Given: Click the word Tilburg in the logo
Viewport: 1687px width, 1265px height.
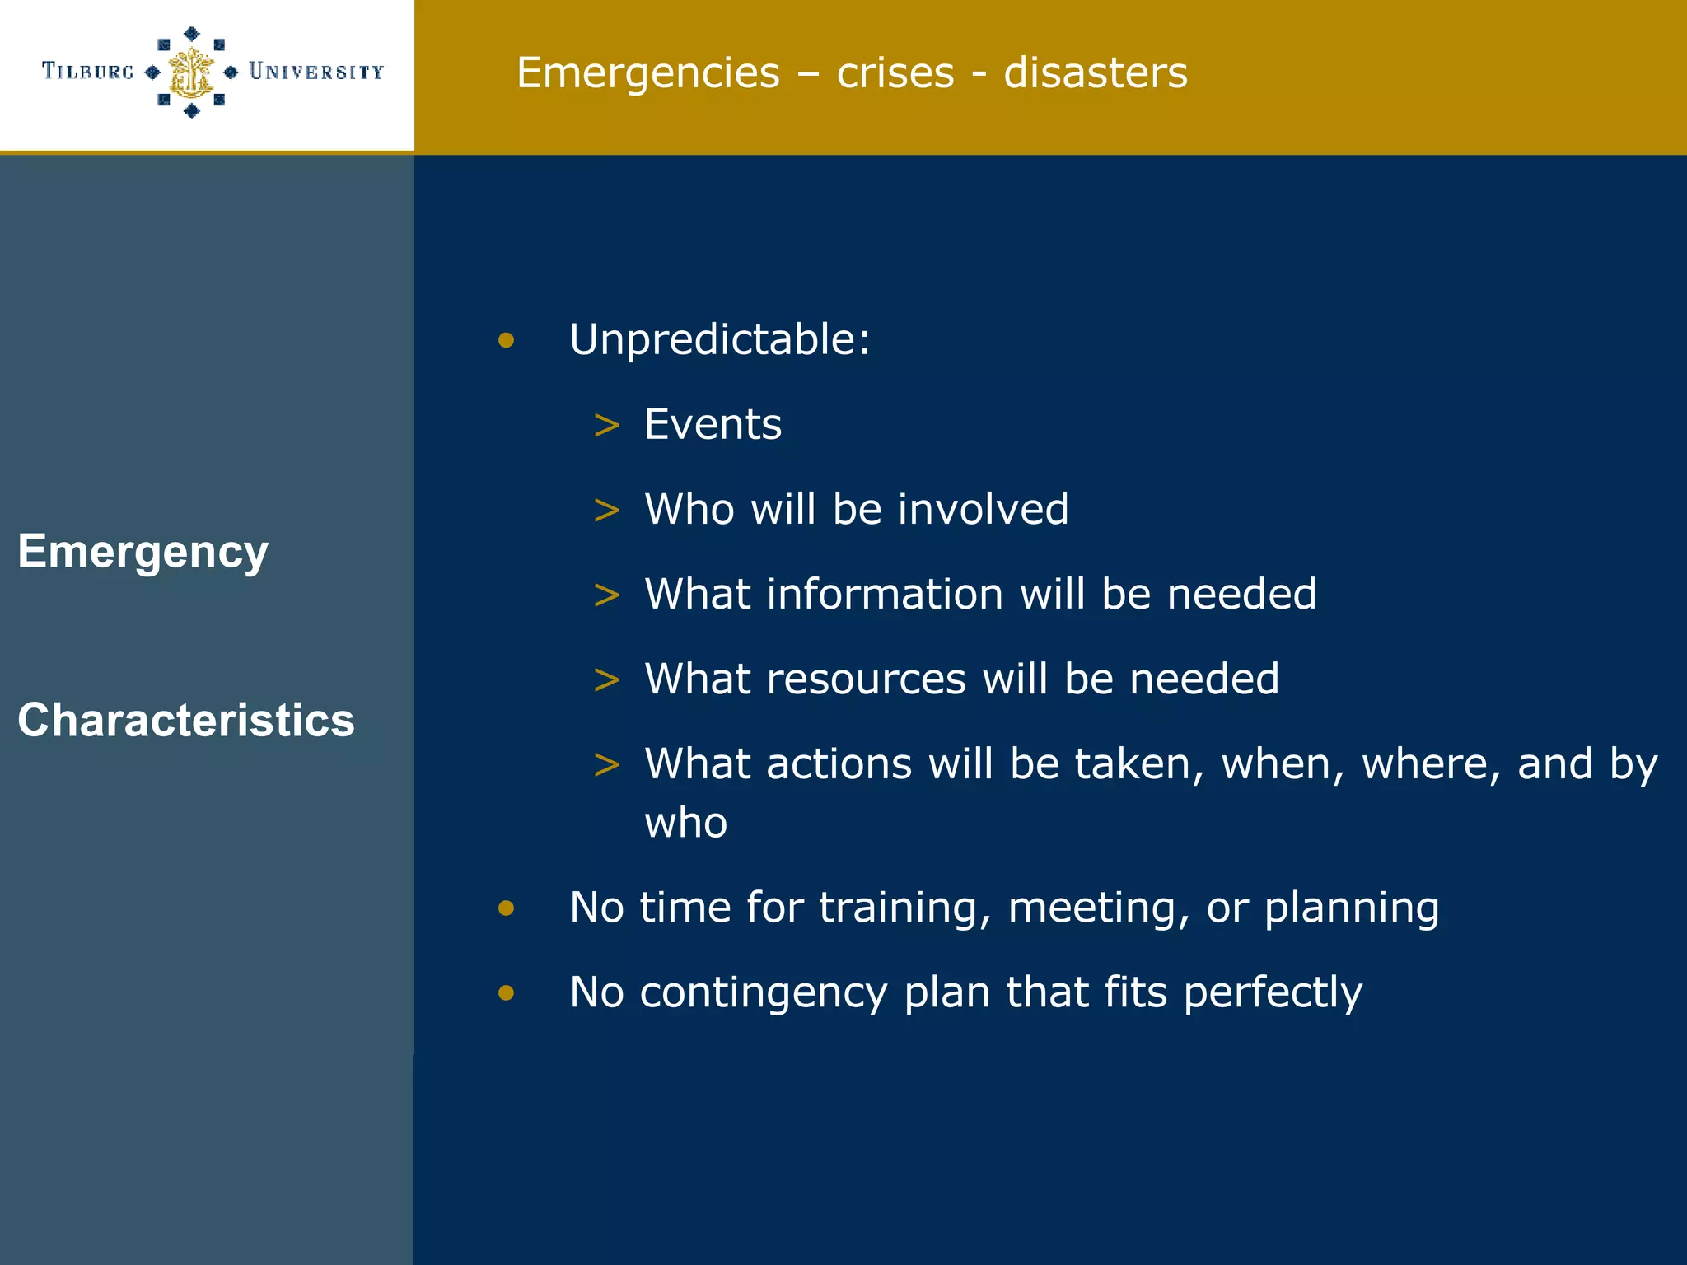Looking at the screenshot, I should click(88, 72).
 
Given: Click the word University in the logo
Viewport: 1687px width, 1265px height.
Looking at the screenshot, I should click(316, 72).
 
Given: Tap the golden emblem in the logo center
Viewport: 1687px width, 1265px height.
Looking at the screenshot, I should click(191, 72).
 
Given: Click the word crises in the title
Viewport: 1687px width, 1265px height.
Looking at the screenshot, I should click(895, 72).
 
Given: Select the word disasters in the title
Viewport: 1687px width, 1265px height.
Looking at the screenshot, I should click(1096, 72).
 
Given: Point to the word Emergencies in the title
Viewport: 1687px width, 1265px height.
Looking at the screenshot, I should click(647, 73).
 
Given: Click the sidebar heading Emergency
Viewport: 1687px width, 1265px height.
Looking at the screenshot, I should click(143, 552).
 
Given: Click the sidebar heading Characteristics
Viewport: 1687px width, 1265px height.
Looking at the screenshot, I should click(186, 720).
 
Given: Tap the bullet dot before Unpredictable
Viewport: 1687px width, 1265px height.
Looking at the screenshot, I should click(506, 340).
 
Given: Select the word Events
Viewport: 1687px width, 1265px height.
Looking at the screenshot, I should click(713, 425).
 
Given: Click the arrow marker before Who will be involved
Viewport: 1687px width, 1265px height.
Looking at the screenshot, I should click(606, 511).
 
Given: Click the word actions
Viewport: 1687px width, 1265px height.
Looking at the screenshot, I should click(839, 764).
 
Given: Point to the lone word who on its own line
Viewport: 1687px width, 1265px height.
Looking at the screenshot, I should click(685, 823).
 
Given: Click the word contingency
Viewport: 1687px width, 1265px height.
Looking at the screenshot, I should click(763, 992).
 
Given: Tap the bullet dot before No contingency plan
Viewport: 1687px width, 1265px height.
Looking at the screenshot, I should click(506, 992).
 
